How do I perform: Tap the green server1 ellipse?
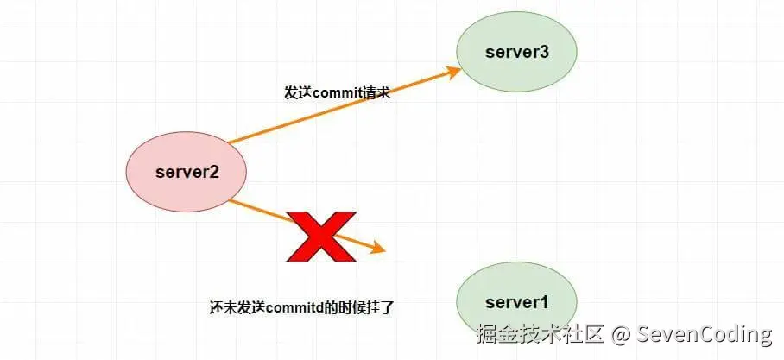(516, 302)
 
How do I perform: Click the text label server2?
(187, 171)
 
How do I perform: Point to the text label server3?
(516, 52)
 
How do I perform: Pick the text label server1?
(516, 302)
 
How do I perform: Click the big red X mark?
(321, 236)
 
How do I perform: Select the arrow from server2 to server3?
(345, 105)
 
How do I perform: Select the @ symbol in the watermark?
(618, 334)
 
